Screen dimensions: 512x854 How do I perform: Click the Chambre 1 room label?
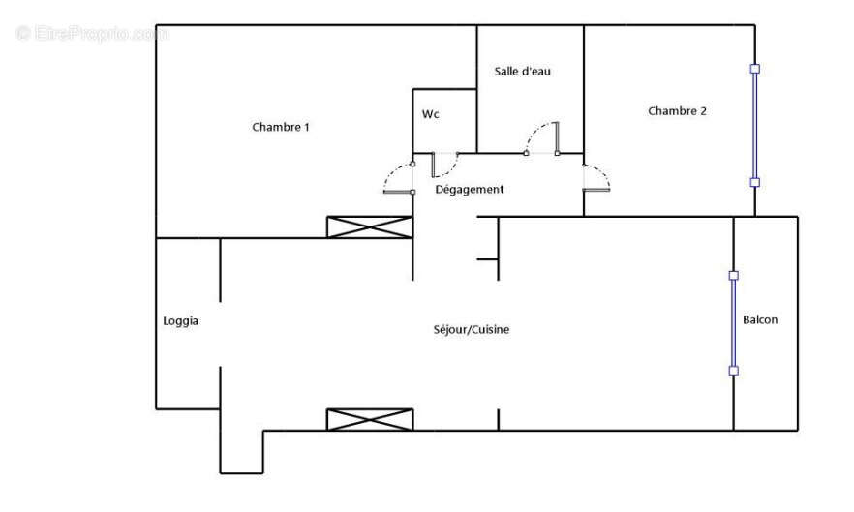coord(280,127)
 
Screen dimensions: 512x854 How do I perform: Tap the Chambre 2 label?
coord(677,111)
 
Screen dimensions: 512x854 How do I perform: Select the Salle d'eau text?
coord(522,72)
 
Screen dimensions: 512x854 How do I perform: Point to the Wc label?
coord(431,114)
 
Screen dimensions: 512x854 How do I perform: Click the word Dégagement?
coord(469,190)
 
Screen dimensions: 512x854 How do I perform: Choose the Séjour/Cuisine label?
coord(471,330)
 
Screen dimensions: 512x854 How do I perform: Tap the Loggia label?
coord(181,321)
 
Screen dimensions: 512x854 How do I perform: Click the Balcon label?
coord(759,320)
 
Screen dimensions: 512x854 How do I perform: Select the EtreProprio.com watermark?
coord(93,34)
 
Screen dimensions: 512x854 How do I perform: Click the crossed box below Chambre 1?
coord(370,227)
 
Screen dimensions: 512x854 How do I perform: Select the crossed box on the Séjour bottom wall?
coord(370,420)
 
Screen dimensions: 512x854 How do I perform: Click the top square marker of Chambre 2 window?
coord(755,69)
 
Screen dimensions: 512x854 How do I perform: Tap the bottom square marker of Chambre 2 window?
coord(755,182)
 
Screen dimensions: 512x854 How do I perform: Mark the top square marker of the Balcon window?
coord(733,276)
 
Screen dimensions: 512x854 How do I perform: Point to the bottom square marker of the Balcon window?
coord(733,371)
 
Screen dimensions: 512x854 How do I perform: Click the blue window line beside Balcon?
coord(733,323)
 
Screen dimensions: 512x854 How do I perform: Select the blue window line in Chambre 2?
coord(755,126)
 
